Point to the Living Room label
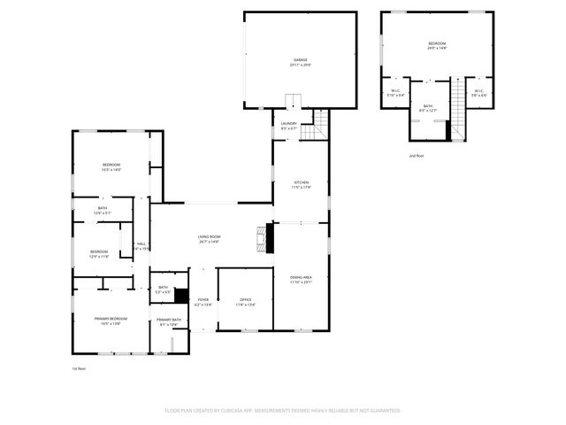tap(209, 238)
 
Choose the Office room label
tap(245, 302)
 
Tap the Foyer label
tap(203, 302)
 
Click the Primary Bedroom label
tap(111, 321)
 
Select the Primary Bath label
tap(169, 321)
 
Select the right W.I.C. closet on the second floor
tap(478, 92)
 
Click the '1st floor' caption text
tap(80, 368)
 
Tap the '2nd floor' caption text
tap(416, 155)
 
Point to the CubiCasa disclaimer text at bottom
tap(283, 410)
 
